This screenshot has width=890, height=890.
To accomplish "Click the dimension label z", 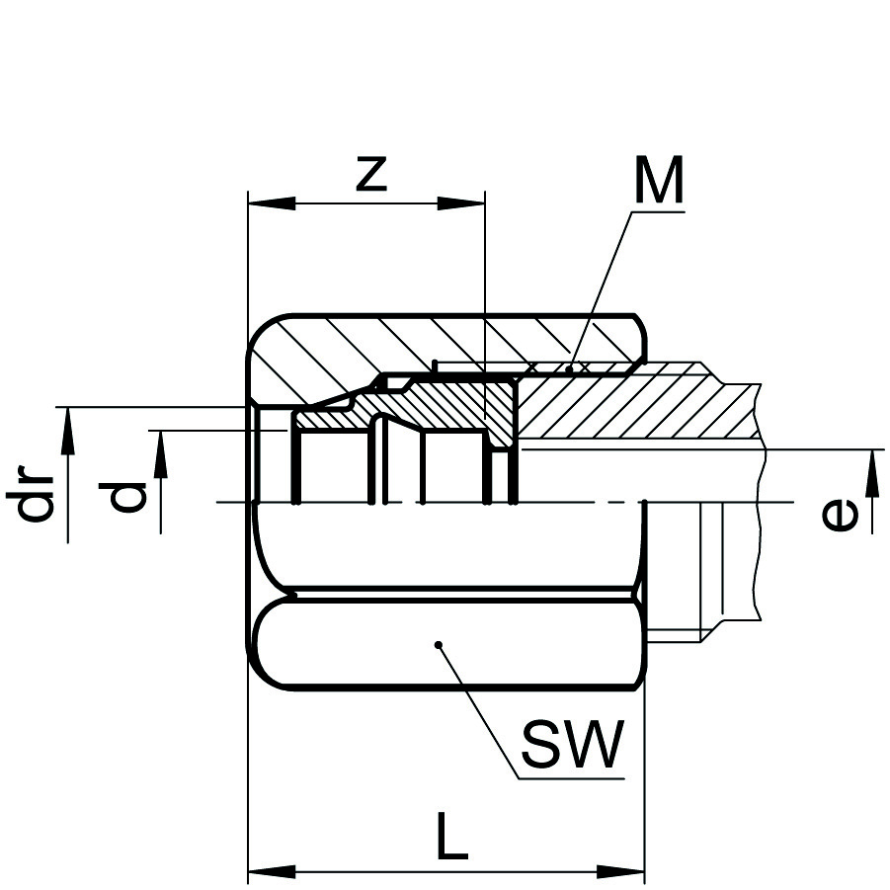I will [x=369, y=175].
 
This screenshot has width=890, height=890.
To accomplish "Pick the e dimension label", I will [x=841, y=514].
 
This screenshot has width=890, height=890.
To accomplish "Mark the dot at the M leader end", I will [x=570, y=370].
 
